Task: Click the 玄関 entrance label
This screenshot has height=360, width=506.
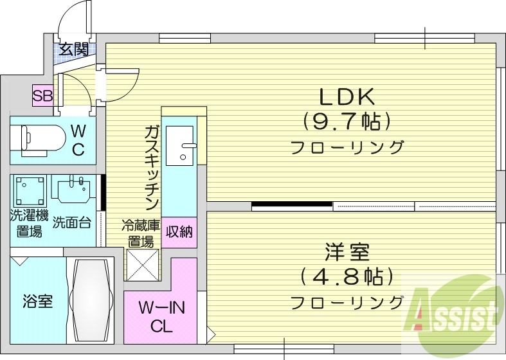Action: [x=75, y=50]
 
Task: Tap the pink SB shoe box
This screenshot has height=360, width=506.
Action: [x=43, y=96]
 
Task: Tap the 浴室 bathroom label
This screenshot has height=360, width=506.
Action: [x=37, y=301]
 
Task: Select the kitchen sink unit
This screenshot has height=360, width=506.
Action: [x=180, y=144]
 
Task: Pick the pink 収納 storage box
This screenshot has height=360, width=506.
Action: [x=179, y=232]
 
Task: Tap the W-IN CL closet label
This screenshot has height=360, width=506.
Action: [x=162, y=317]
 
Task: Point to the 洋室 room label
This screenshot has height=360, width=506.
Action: [x=347, y=251]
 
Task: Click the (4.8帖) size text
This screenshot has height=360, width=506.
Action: [x=347, y=276]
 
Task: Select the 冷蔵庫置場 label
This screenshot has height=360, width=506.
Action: [x=140, y=233]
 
